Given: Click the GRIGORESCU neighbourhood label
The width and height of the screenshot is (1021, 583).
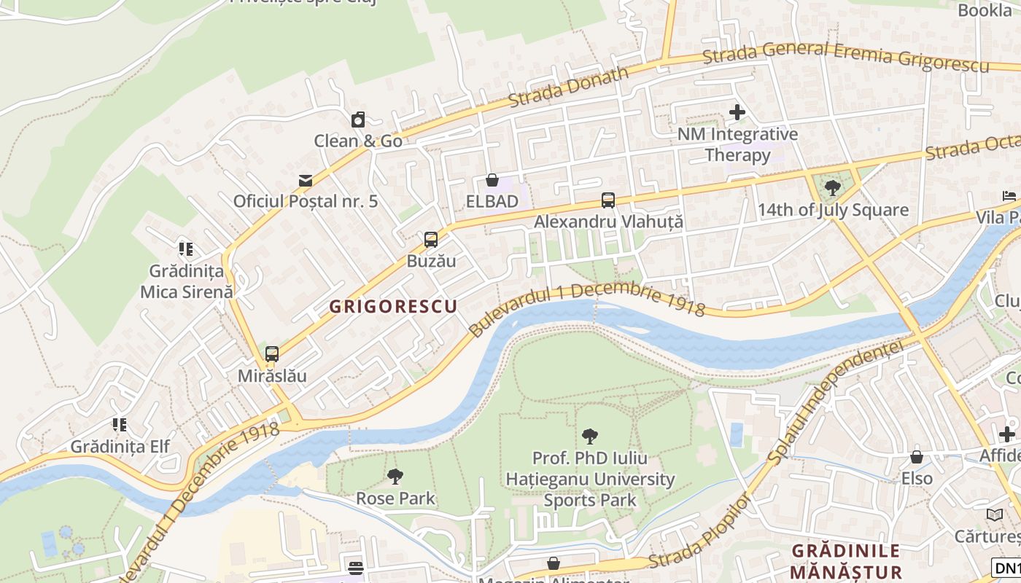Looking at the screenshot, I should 393,307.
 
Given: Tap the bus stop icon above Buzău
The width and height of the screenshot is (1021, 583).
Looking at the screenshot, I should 431,239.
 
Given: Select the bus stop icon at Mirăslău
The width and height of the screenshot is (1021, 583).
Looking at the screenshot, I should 272,354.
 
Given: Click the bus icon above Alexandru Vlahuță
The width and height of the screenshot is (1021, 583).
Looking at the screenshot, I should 608,200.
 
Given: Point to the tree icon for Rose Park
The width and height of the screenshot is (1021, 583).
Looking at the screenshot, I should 395,477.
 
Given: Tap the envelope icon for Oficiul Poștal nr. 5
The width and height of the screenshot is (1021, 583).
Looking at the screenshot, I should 305,180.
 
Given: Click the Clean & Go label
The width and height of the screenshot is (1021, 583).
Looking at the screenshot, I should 358,141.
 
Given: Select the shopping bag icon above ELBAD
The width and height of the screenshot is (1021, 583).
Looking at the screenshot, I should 492,180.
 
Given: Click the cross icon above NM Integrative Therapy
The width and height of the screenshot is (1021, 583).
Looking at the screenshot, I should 737,112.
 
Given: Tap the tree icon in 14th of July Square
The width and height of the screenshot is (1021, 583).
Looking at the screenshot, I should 832,188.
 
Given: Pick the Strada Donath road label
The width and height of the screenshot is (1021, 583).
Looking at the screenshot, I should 569,87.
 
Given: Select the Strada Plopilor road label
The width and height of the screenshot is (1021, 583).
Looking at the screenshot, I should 699,532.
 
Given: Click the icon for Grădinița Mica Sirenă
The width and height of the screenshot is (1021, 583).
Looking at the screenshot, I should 186,249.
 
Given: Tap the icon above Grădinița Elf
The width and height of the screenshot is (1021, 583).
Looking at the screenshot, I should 120,424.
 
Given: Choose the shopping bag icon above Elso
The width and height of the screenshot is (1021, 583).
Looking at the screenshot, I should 917,457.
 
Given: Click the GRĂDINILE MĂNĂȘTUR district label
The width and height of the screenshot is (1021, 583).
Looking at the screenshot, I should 846,561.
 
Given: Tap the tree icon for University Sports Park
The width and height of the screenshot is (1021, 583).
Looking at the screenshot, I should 590,437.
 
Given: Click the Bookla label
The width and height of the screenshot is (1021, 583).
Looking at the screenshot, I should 985,10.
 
